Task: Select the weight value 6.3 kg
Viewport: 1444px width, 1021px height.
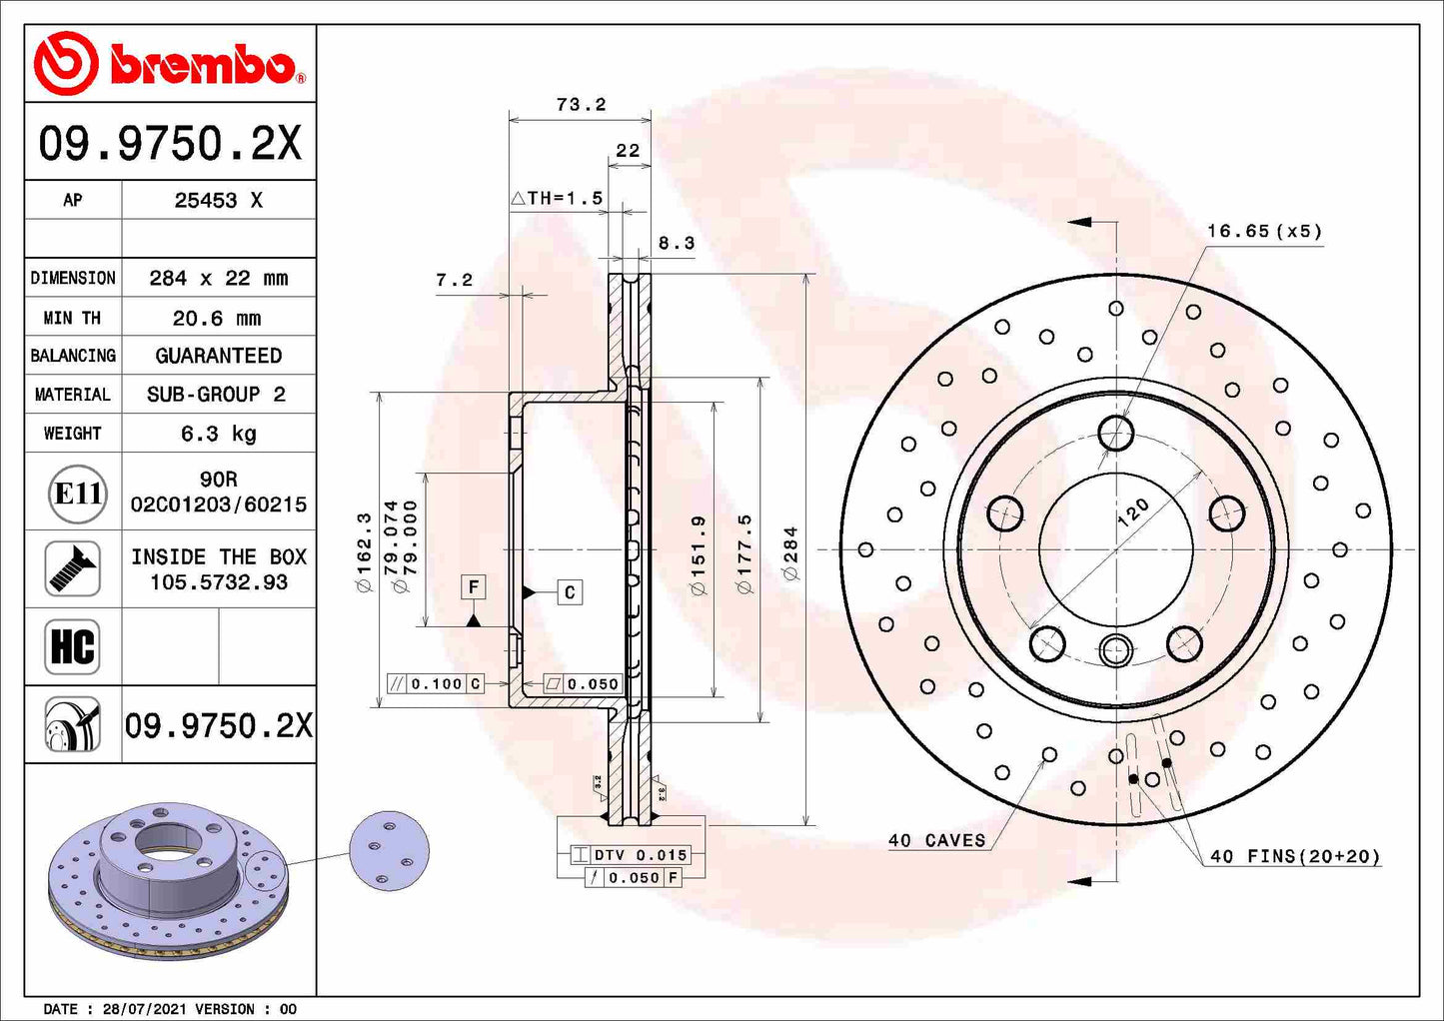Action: pyautogui.click(x=218, y=434)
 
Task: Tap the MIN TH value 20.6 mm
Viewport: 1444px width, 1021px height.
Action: pyautogui.click(x=217, y=318)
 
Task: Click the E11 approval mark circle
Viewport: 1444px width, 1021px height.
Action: pyautogui.click(x=77, y=494)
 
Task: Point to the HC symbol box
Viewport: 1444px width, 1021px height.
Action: pyautogui.click(x=72, y=646)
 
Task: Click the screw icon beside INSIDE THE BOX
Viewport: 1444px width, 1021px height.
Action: pyautogui.click(x=72, y=568)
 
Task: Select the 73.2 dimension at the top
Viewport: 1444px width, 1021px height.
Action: pyautogui.click(x=581, y=104)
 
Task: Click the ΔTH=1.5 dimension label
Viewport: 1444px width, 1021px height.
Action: pyautogui.click(x=558, y=198)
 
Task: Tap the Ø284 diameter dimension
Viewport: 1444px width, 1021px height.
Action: pyautogui.click(x=790, y=552)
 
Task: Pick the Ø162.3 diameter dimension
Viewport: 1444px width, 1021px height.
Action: pyautogui.click(x=364, y=551)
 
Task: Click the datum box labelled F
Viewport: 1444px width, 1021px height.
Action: pyautogui.click(x=474, y=586)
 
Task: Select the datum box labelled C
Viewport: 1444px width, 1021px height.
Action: pyautogui.click(x=570, y=592)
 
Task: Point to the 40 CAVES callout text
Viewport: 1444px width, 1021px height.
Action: pyautogui.click(x=936, y=840)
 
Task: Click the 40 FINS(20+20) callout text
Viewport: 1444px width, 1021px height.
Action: pyautogui.click(x=1294, y=856)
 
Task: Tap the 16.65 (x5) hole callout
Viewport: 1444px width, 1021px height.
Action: pyautogui.click(x=1263, y=231)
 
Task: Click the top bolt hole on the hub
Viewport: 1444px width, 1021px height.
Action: pyautogui.click(x=1115, y=434)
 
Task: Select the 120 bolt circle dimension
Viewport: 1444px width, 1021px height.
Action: pyautogui.click(x=1132, y=512)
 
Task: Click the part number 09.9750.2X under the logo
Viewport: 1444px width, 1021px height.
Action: pyautogui.click(x=170, y=143)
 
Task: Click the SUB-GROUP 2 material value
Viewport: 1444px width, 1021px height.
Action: pyautogui.click(x=217, y=395)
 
